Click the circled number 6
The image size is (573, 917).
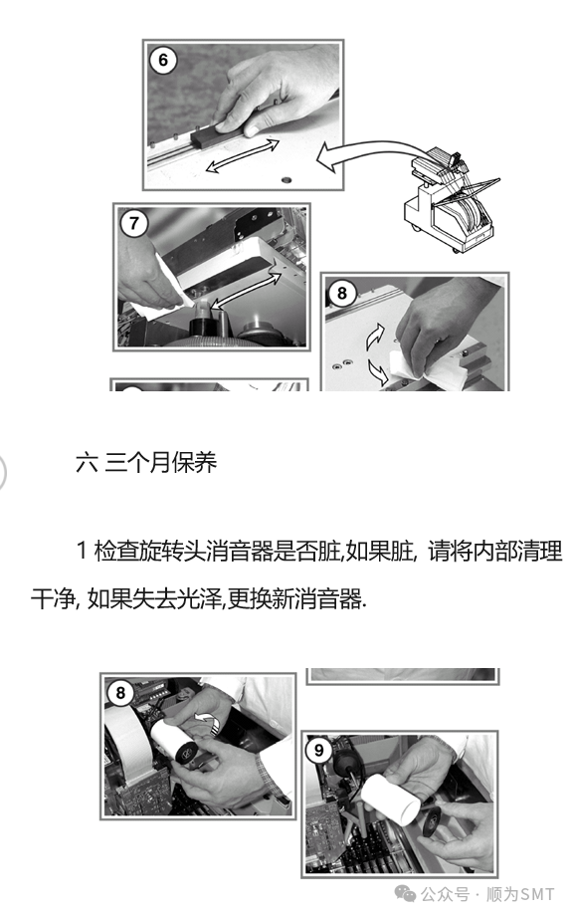(x=163, y=60)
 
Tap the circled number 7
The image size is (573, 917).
(x=133, y=223)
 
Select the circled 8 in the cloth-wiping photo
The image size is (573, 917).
(x=341, y=293)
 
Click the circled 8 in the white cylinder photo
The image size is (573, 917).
(x=120, y=692)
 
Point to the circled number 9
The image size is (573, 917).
(x=318, y=750)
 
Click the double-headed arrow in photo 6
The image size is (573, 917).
(x=243, y=155)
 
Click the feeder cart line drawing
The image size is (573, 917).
(x=450, y=200)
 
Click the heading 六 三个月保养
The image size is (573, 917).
(x=146, y=463)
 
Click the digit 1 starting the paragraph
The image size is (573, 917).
(x=82, y=551)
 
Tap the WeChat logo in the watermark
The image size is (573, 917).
(x=405, y=894)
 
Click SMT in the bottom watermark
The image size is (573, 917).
(x=537, y=894)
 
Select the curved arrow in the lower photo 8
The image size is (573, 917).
(x=207, y=722)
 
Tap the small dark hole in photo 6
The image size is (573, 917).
(x=286, y=179)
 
